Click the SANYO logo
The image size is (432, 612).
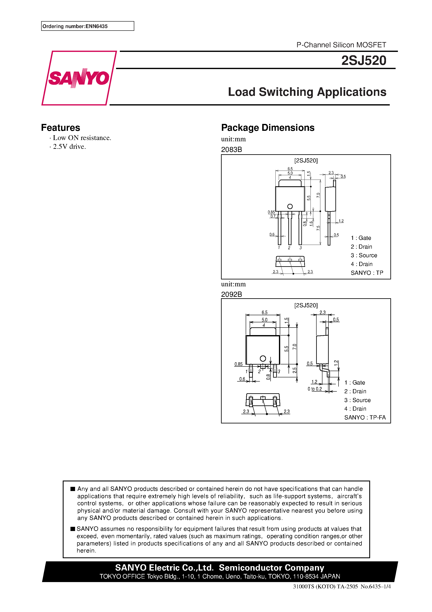[79, 78]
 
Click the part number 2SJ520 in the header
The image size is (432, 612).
[364, 60]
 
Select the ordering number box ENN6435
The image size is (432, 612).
[87, 26]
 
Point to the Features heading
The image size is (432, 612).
[60, 128]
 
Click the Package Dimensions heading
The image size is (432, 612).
[268, 128]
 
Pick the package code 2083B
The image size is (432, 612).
[231, 149]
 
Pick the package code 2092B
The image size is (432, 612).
[231, 294]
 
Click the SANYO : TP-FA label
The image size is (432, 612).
[365, 417]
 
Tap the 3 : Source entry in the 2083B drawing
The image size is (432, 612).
[364, 255]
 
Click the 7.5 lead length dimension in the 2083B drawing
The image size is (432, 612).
[318, 228]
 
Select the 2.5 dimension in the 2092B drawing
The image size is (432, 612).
[294, 370]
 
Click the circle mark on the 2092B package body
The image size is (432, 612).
[263, 359]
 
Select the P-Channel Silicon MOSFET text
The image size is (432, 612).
[341, 45]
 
